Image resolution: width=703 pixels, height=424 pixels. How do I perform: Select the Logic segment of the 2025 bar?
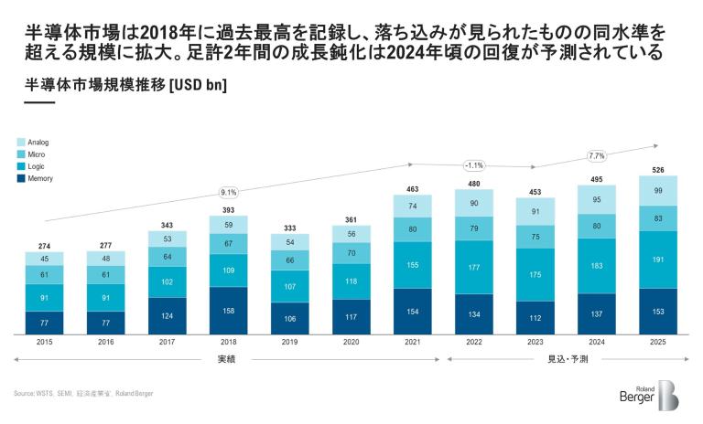658,259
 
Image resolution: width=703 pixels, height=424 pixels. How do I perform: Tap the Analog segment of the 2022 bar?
474,203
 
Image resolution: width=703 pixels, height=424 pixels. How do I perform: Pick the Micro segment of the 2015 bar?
45,274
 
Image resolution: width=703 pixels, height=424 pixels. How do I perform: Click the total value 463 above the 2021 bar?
413,188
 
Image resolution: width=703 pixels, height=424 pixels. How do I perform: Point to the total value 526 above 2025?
658,168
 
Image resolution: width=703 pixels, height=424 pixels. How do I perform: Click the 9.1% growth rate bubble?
229,192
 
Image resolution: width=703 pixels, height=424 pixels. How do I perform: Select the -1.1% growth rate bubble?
474,165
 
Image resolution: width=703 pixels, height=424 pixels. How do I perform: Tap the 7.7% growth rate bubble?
597,155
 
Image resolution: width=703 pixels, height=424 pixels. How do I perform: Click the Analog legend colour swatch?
20,143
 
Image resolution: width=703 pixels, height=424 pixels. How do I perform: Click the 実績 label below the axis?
229,359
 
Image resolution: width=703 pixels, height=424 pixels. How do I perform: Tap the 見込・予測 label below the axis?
567,359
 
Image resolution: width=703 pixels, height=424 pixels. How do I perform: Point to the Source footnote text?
83,394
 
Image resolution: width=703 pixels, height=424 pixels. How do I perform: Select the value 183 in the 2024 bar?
597,265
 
